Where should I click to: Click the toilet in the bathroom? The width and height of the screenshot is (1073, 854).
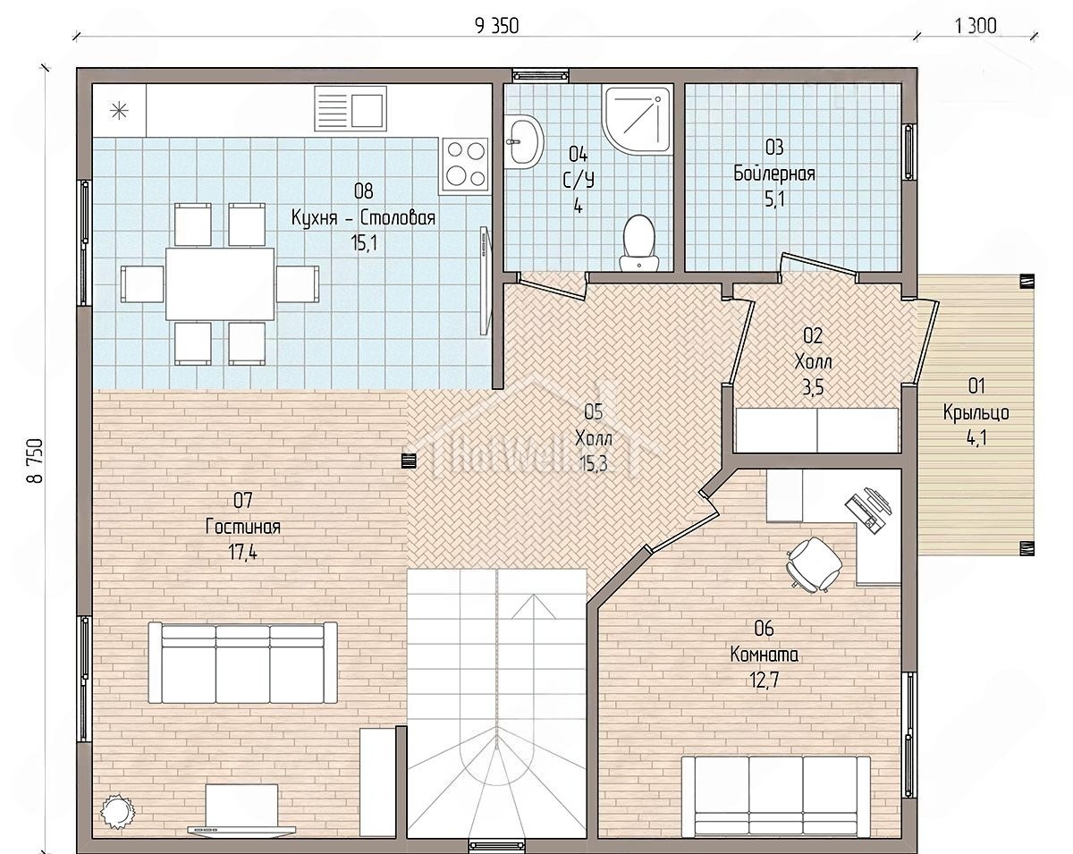pos(638,243)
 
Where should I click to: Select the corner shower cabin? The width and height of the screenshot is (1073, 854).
pos(638,120)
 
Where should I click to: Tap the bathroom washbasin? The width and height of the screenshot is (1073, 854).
pos(523,141)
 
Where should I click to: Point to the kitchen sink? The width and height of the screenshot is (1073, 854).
pos(351,109)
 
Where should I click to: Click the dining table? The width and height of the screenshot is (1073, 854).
pos(220,283)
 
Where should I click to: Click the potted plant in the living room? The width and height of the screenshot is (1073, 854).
pos(117,810)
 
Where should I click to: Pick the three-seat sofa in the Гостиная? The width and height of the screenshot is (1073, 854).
pos(243,662)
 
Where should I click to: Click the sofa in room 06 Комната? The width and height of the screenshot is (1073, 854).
pos(776,797)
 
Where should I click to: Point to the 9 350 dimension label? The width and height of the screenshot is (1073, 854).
pos(496,26)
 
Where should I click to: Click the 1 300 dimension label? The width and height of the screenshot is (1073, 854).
pos(976,26)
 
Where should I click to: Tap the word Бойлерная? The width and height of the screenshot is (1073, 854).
pos(774,173)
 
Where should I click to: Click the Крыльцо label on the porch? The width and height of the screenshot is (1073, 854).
pos(976,412)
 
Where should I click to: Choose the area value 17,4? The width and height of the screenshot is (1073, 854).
pos(243,553)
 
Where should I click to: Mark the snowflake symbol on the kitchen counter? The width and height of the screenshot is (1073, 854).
pos(120,111)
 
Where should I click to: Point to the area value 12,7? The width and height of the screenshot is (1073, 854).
pos(765,680)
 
